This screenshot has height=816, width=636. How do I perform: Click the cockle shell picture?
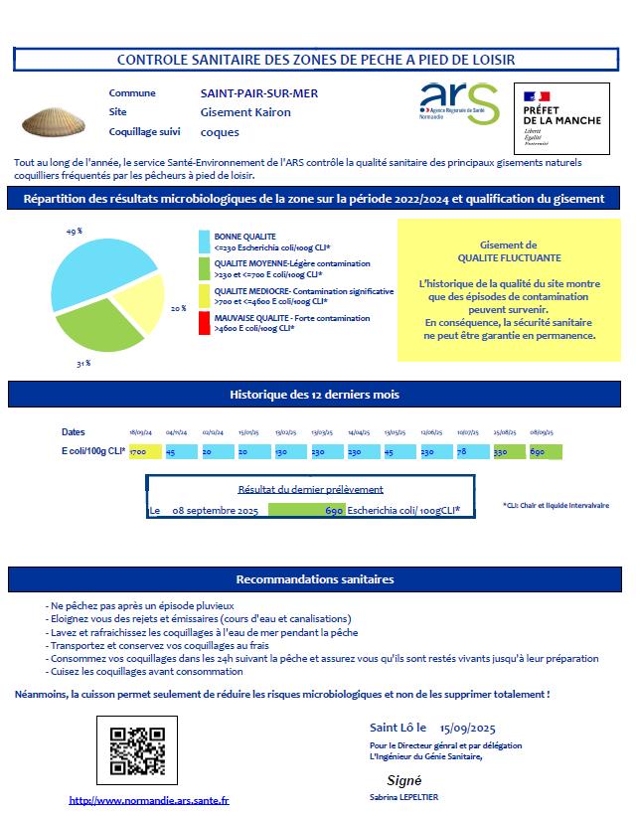(49, 122)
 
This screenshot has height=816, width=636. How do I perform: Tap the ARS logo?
(459, 104)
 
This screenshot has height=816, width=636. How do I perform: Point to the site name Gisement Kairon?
(245, 112)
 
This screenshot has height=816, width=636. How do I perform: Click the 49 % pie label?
(73, 231)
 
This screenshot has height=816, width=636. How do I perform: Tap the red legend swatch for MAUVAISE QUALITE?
(205, 323)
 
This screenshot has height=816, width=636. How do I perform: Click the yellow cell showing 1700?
(144, 452)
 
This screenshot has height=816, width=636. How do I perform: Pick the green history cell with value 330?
(510, 452)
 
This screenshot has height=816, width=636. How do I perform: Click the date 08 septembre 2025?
(216, 511)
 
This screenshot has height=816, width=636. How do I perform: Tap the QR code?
(137, 750)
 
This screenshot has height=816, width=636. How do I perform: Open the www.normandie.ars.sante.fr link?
(149, 800)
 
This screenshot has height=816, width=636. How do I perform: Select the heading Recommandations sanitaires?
(314, 579)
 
